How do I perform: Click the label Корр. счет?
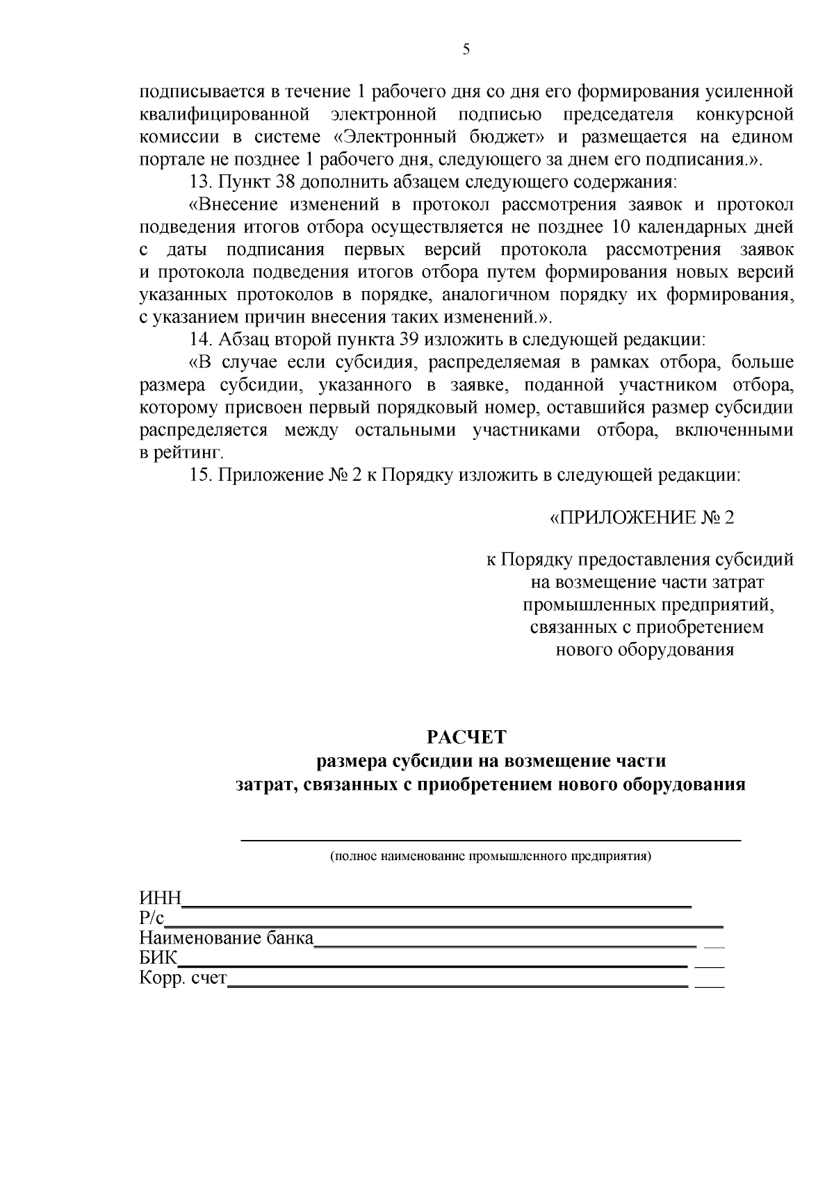[183, 978]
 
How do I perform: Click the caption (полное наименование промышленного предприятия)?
[491, 856]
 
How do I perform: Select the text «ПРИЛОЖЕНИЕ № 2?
[641, 518]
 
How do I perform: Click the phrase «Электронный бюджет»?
[441, 137]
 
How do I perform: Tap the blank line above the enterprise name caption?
[491, 840]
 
